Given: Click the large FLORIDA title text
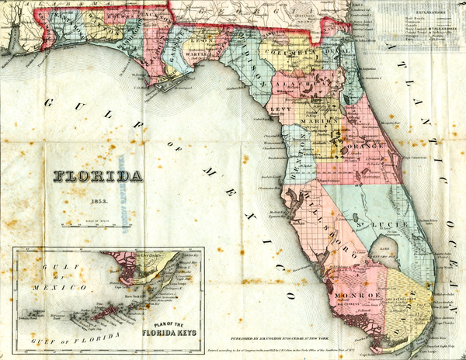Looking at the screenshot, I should coord(98,176).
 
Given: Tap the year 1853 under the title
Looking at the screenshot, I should coord(98,200).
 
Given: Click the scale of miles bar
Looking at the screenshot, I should coord(98,226).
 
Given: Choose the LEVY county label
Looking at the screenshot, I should coord(280,110).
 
